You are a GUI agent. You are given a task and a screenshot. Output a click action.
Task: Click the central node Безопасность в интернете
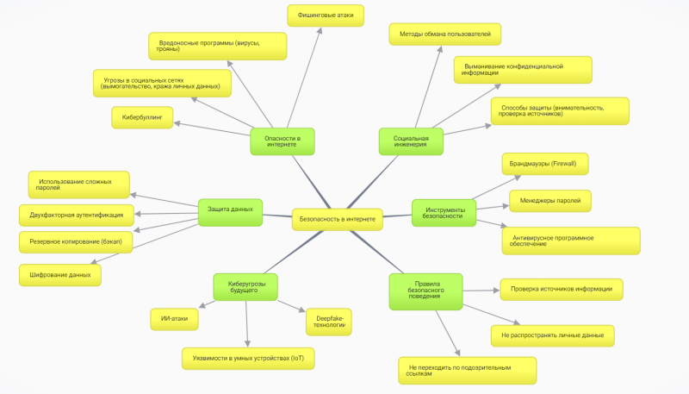coord(337,219)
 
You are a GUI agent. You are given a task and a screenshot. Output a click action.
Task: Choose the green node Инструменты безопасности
coord(444,212)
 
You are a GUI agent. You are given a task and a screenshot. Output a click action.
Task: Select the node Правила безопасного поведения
coord(425,291)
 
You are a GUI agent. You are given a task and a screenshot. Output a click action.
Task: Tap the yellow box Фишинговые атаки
coord(326,16)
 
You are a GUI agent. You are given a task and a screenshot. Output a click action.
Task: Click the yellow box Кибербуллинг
coord(142,116)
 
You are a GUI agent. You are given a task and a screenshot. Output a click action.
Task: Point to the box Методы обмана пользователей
coord(444,34)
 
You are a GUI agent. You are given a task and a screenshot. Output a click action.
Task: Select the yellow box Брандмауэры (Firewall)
coord(544,164)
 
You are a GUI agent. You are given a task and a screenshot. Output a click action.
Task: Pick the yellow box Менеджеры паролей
coord(549,201)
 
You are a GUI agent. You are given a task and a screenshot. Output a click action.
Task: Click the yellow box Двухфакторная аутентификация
coord(76,215)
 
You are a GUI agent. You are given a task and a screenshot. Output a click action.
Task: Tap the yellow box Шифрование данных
coord(60,274)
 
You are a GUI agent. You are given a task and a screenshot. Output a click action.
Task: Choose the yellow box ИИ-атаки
coord(174,318)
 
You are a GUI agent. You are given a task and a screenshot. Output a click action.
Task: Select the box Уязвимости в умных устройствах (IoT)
coord(248,356)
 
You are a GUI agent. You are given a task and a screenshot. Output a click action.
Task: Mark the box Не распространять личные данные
coord(551,335)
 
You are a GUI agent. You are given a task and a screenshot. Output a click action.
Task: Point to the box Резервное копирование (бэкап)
coord(76,242)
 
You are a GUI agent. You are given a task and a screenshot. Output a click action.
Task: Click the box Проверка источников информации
coord(561,289)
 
